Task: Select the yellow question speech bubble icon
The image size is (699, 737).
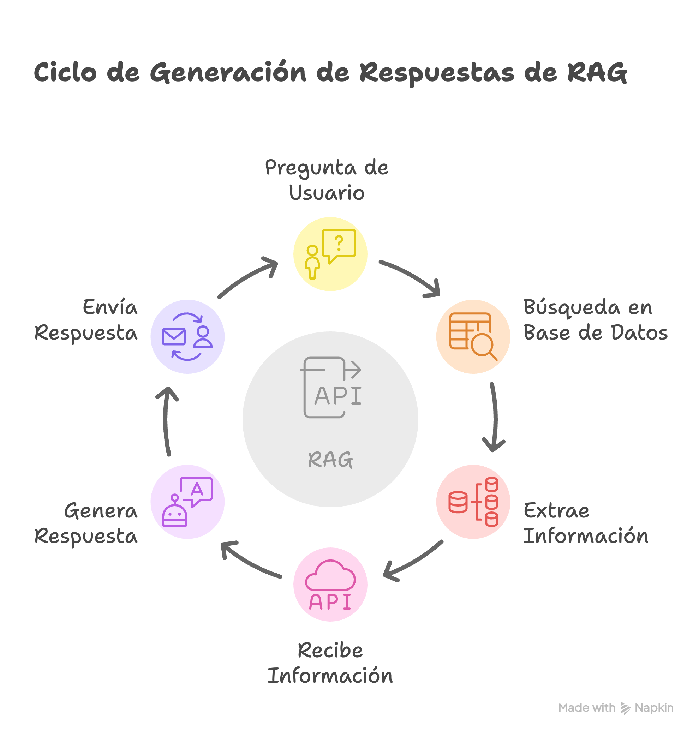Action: point(330,254)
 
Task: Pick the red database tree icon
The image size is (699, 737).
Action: point(473,502)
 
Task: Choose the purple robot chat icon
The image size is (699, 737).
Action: point(187,502)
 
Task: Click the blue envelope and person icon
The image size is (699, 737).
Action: point(187,336)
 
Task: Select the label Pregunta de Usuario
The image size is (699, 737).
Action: point(327,180)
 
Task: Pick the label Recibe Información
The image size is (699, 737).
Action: point(330,663)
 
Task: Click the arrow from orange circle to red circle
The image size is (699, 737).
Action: point(495,417)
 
